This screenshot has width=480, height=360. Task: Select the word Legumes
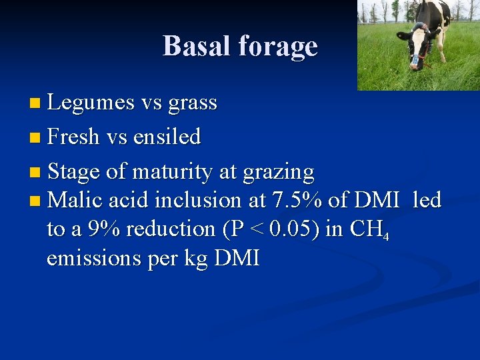(91, 103)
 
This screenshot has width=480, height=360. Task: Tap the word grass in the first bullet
(193, 103)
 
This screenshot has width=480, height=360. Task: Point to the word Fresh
(73, 137)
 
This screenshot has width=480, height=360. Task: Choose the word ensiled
(167, 137)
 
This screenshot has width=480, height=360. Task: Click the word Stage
(74, 172)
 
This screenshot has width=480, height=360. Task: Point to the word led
(427, 199)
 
